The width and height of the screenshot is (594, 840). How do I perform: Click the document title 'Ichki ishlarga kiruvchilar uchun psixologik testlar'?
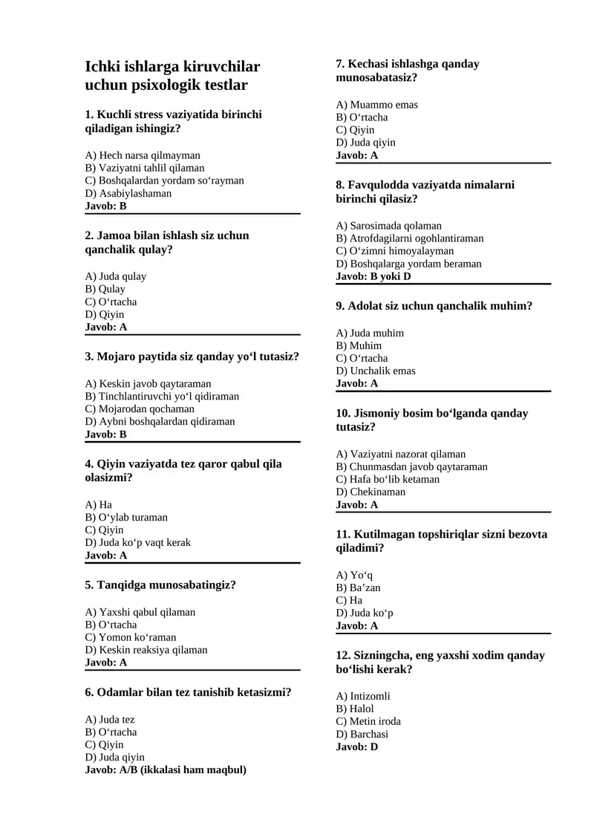[x=172, y=76]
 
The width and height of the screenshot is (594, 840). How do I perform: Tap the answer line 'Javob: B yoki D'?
[x=373, y=276]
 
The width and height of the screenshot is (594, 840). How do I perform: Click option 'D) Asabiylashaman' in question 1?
[x=128, y=193]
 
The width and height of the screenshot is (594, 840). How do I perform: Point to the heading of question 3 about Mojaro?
[x=192, y=356]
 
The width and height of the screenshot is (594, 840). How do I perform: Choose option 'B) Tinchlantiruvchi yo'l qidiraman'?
[x=163, y=396]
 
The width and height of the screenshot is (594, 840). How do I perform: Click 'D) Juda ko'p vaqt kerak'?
[x=138, y=542]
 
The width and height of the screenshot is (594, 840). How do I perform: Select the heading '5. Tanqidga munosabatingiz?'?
[x=160, y=585]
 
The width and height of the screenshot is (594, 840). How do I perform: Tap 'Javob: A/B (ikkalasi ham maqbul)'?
[x=166, y=769]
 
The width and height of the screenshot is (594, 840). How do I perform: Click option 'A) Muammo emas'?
[x=377, y=105]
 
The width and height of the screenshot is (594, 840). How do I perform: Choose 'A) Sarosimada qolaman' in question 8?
[x=388, y=226]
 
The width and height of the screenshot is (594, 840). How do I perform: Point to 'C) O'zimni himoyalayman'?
[x=395, y=251]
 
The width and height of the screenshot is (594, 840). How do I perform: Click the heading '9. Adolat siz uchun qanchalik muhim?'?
[x=434, y=305]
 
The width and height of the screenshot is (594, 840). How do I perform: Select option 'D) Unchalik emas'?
[x=376, y=371]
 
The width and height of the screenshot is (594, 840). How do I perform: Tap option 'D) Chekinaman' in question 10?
[x=371, y=492]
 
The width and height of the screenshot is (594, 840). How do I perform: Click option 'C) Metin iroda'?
[x=368, y=721]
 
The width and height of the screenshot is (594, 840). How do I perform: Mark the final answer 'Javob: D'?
[x=357, y=746]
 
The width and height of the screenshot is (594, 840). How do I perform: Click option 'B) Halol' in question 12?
[x=355, y=709]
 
